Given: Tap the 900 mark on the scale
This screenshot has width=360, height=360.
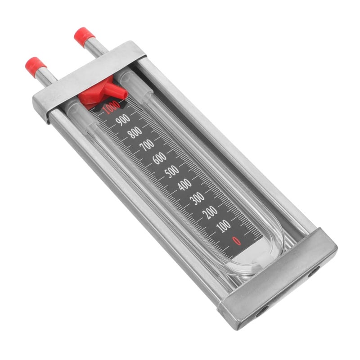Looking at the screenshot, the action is click(123, 120).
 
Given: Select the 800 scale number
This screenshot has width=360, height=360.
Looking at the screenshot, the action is click(135, 133).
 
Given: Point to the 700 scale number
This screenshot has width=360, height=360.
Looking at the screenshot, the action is click(147, 145).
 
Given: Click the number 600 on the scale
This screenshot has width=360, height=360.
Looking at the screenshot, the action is click(159, 158).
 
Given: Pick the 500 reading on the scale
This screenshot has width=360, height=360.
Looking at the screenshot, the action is click(172, 171).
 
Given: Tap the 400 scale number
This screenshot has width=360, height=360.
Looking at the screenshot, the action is click(184, 184).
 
